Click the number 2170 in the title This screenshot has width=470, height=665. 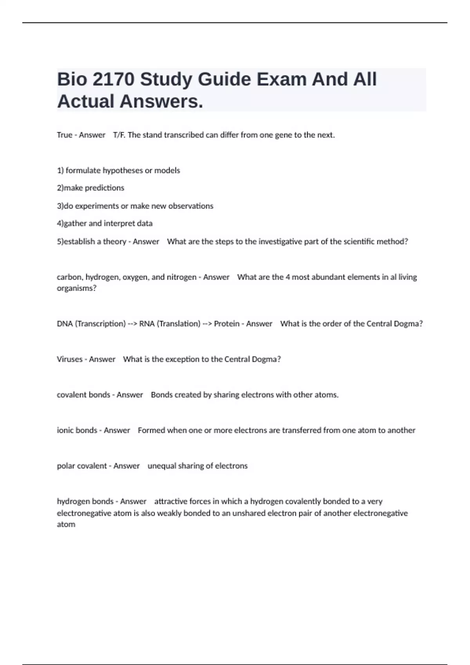click(114, 79)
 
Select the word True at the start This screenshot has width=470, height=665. click(64, 135)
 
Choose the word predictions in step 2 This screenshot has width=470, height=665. click(104, 188)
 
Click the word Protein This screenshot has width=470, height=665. click(226, 324)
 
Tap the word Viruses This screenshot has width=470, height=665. click(69, 359)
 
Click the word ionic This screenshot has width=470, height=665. click(65, 430)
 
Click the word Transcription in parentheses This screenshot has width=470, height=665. click(100, 324)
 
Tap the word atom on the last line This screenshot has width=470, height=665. click(66, 524)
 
